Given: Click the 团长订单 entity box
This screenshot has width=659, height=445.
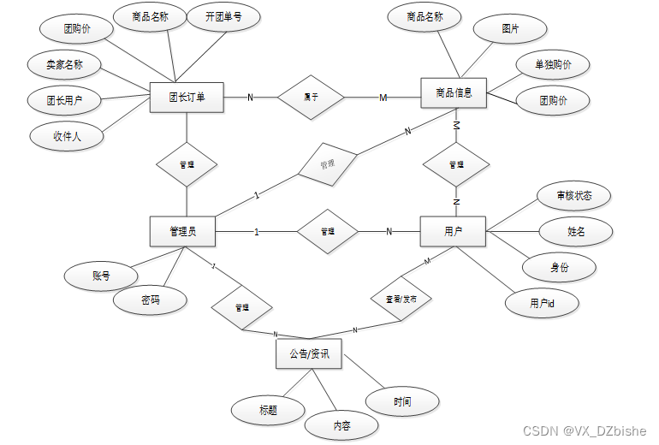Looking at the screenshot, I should tap(187, 97).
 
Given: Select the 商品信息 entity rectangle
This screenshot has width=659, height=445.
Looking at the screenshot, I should tap(454, 92).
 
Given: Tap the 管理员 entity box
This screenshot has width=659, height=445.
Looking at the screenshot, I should tap(181, 231).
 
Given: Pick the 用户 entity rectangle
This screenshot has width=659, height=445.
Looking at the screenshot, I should tap(453, 231).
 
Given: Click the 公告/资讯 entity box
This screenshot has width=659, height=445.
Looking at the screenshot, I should tap(309, 353).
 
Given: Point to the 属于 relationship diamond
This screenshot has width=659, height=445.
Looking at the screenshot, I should tap(311, 98).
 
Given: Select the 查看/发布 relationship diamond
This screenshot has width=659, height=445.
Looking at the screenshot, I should tap(401, 300).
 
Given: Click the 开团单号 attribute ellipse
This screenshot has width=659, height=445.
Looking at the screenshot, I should tap(223, 17).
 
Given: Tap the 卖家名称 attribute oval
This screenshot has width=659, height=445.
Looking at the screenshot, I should tap(63, 65).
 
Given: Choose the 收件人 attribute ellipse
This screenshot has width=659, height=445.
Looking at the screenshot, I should tap(67, 135).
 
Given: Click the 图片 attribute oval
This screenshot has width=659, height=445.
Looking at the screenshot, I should tap(510, 29).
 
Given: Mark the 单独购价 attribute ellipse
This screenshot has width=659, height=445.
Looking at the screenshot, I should tap(553, 65).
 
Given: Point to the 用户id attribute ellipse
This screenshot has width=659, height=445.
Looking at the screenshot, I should tap(542, 303).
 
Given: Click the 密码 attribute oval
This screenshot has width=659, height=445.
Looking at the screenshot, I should tap(151, 300).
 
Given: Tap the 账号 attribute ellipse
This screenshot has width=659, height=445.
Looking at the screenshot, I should tap(101, 276).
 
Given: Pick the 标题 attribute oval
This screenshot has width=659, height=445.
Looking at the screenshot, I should tap(268, 410).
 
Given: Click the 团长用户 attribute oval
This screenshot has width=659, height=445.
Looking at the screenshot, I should tap(65, 100).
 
